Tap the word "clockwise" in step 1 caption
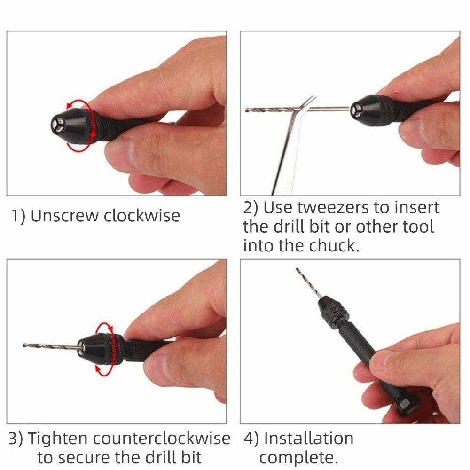point(141,216)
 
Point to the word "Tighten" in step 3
point(57,439)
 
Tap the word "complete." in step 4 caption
point(298,457)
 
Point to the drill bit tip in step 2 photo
point(247,110)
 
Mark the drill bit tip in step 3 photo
point(25,345)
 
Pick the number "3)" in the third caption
point(16,439)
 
